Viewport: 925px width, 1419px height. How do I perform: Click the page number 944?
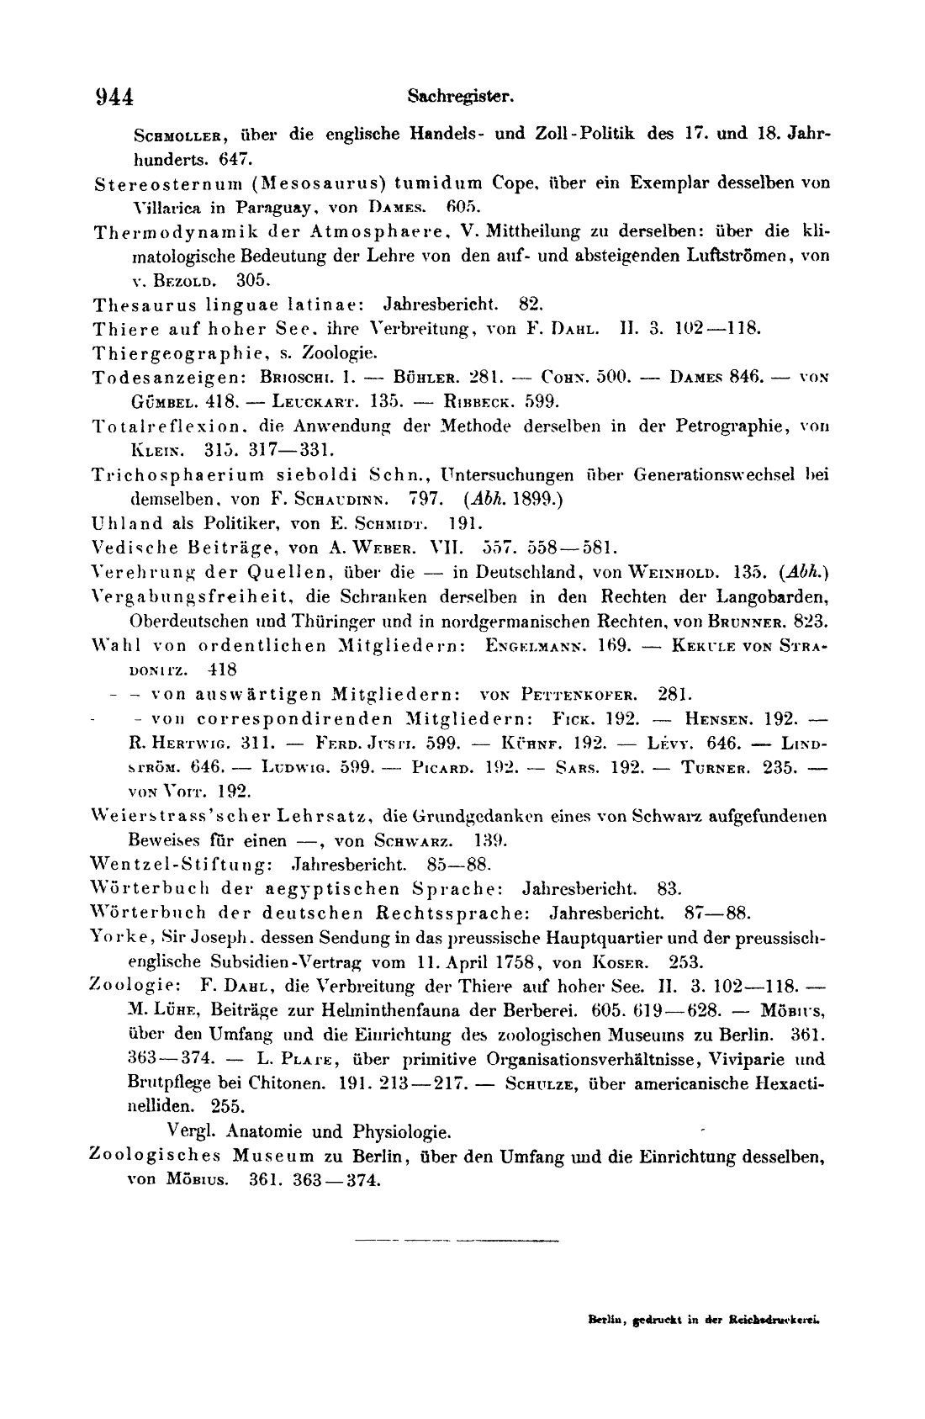point(114,97)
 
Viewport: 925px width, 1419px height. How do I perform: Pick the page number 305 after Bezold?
point(251,280)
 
